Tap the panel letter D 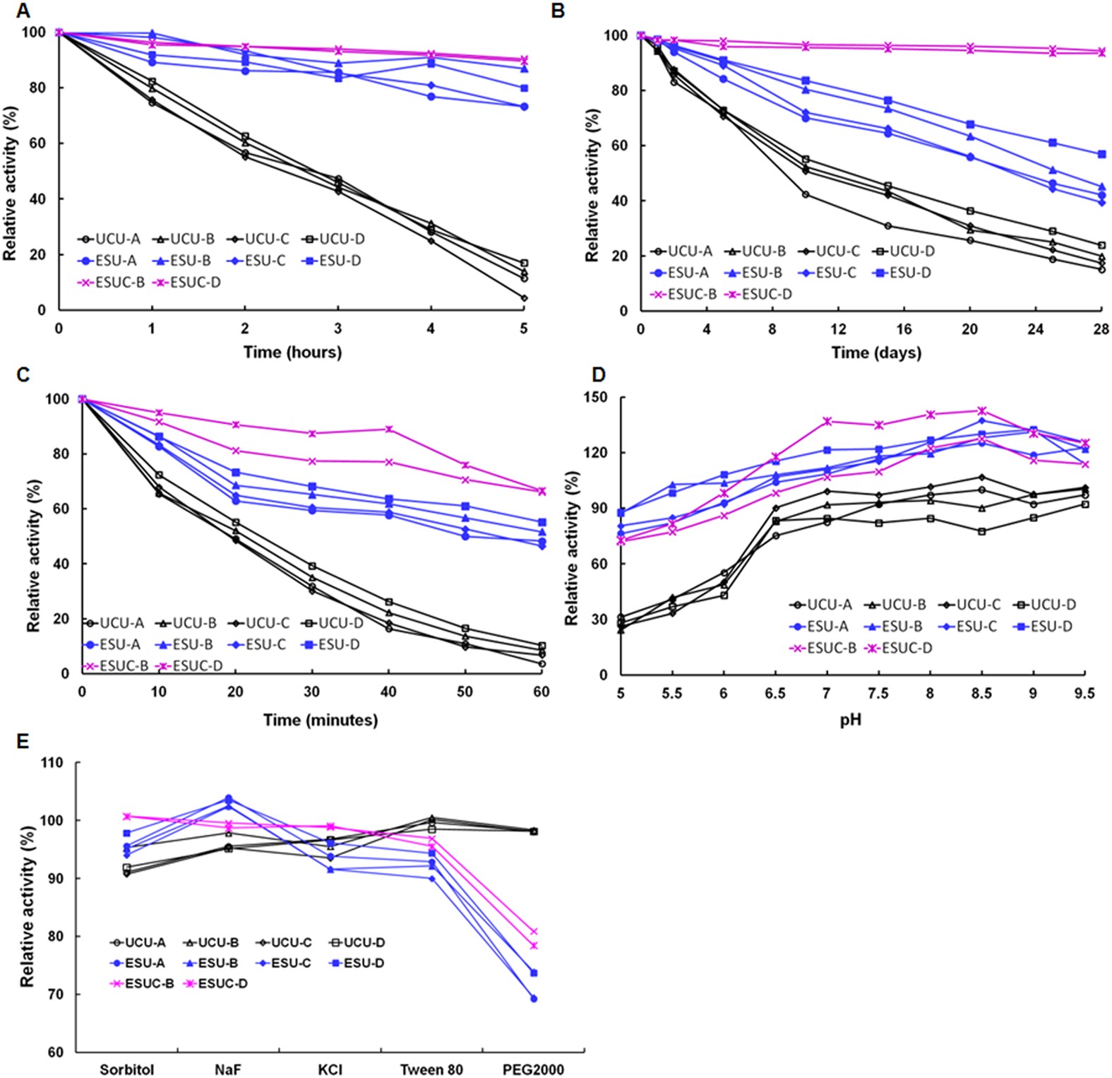(x=598, y=374)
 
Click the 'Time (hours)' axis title (x=292, y=352)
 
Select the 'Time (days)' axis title (x=875, y=352)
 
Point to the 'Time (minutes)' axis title (x=320, y=720)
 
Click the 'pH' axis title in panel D (x=850, y=720)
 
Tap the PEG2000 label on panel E (x=533, y=1070)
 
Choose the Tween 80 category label (x=431, y=1070)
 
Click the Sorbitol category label (x=127, y=1070)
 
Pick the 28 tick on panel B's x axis (x=1101, y=329)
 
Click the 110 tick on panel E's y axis (x=52, y=763)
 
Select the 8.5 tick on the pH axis (x=981, y=694)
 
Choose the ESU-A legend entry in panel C (x=112, y=644)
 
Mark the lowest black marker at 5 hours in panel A (x=524, y=298)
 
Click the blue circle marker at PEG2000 (x=534, y=998)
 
